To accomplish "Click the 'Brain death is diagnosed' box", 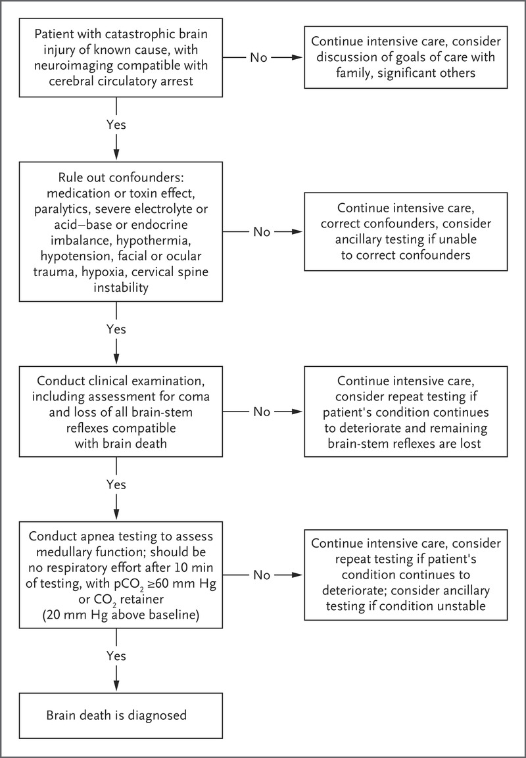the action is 121,715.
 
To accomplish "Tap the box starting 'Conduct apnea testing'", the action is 121,575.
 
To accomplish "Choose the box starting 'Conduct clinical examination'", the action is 121,412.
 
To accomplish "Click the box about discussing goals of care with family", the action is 406,58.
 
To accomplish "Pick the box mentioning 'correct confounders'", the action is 406,231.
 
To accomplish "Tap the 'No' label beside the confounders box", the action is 262,232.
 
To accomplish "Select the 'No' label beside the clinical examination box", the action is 262,412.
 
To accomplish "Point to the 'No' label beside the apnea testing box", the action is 262,575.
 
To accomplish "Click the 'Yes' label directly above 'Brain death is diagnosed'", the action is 116,656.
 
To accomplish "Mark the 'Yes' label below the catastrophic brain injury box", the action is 116,125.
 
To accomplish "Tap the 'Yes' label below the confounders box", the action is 116,329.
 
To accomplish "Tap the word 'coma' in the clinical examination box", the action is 197,397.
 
